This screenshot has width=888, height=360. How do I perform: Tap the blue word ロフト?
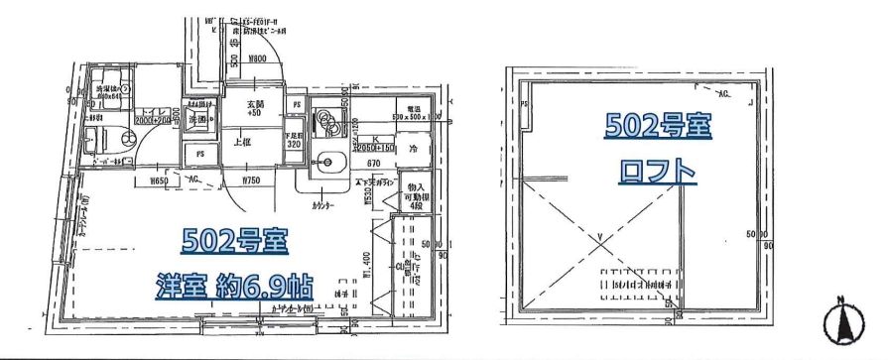pos(657,172)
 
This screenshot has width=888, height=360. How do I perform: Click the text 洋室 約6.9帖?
pos(234,287)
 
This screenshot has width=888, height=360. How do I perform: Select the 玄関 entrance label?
pos(254,106)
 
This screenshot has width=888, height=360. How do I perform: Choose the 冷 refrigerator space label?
pos(414,149)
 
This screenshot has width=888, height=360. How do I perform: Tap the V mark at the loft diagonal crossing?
pos(600,236)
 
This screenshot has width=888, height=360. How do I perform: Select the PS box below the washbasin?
pos(200,153)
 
